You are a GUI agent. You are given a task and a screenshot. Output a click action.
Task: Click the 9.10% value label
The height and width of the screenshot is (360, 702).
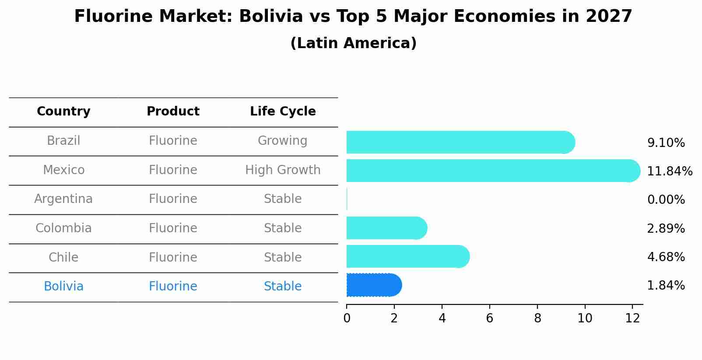point(666,143)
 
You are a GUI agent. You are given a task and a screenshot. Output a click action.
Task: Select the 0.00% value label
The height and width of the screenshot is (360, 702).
point(666,200)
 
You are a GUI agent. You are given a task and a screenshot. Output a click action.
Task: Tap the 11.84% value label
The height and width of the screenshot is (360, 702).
point(669,171)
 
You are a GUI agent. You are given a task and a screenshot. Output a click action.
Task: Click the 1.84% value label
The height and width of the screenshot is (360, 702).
point(666,286)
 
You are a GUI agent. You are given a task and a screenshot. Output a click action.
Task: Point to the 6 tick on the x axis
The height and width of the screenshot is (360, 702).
point(489,318)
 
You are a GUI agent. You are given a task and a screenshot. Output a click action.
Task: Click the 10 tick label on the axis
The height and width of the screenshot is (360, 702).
point(585,318)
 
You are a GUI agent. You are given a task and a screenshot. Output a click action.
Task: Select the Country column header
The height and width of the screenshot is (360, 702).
point(63,112)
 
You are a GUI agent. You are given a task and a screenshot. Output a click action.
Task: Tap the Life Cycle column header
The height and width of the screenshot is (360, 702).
point(283,112)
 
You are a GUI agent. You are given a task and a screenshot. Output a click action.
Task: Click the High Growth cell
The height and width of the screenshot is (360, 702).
point(283,170)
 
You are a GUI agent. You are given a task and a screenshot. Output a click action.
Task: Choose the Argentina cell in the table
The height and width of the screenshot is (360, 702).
point(63,199)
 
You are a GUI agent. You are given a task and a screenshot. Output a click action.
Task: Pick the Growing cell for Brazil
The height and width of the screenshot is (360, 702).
point(283,141)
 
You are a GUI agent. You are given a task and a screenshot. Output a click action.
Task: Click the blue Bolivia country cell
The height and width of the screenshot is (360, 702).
point(63,287)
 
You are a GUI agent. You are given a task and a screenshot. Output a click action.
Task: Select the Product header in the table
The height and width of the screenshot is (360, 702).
point(173,112)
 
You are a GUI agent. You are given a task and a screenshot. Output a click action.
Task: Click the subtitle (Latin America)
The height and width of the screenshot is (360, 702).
point(353,43)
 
